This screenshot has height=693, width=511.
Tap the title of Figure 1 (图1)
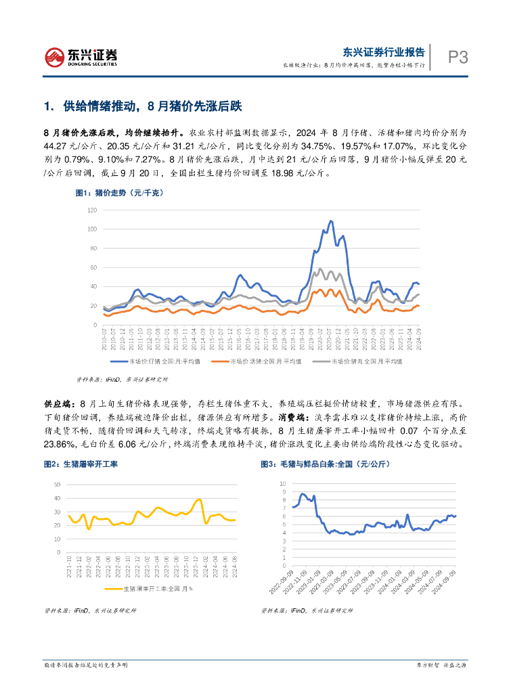point(119,193)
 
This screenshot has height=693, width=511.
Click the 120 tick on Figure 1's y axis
point(93,210)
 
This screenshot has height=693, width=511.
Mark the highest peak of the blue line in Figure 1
point(330,221)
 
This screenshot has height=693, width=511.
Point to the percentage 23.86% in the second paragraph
point(57,445)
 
